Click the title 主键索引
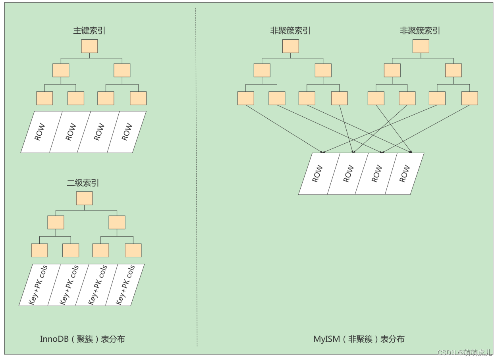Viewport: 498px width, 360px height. click(x=89, y=31)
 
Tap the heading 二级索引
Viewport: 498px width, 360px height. click(x=83, y=183)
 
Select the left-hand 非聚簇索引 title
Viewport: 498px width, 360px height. click(x=290, y=31)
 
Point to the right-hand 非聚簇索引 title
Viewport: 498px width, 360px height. click(x=420, y=31)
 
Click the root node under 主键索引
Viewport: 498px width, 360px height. click(x=89, y=46)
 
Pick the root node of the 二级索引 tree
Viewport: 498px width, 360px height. click(x=84, y=198)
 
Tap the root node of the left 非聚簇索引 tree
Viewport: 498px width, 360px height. click(x=291, y=46)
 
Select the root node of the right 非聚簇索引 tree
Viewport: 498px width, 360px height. click(x=421, y=46)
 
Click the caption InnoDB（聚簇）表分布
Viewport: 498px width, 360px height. click(x=83, y=339)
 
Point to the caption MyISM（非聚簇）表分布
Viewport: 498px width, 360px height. click(x=359, y=339)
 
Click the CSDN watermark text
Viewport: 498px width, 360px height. click(x=465, y=352)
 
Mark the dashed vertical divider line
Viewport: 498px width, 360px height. click(x=196, y=179)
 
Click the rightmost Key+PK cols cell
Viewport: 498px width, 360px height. click(x=125, y=285)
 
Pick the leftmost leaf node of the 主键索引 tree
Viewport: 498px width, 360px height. click(x=44, y=98)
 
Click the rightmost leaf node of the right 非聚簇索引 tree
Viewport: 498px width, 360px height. click(x=469, y=98)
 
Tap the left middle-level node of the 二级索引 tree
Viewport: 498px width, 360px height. click(x=56, y=222)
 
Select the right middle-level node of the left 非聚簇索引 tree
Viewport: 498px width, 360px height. click(x=323, y=70)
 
